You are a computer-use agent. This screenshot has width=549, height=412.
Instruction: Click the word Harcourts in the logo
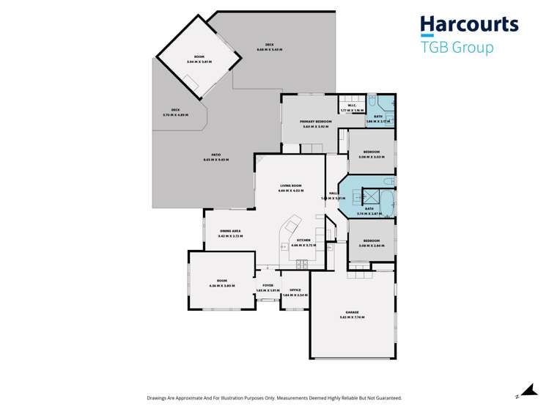click(x=469, y=25)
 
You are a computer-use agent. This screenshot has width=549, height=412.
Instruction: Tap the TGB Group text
click(x=457, y=48)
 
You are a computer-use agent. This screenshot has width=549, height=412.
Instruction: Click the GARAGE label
click(x=352, y=312)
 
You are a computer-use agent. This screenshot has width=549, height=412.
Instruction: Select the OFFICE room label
click(x=295, y=290)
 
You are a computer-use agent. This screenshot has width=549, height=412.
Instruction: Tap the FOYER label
click(x=268, y=286)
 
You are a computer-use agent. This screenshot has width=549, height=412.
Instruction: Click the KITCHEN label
click(x=303, y=240)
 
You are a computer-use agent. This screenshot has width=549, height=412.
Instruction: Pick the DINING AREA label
click(x=230, y=232)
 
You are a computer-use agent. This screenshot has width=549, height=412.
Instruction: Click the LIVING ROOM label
click(x=291, y=185)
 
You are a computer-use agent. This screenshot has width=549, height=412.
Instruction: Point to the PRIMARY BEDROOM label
click(x=317, y=122)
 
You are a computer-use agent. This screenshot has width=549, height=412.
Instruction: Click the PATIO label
click(x=217, y=155)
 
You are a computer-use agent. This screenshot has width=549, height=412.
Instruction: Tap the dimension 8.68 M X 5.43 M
click(x=269, y=50)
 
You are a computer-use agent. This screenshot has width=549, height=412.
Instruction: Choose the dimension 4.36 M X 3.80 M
click(x=222, y=285)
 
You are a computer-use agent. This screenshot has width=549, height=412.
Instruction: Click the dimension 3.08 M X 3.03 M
click(x=371, y=157)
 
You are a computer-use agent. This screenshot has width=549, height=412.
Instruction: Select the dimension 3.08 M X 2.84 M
click(x=371, y=246)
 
